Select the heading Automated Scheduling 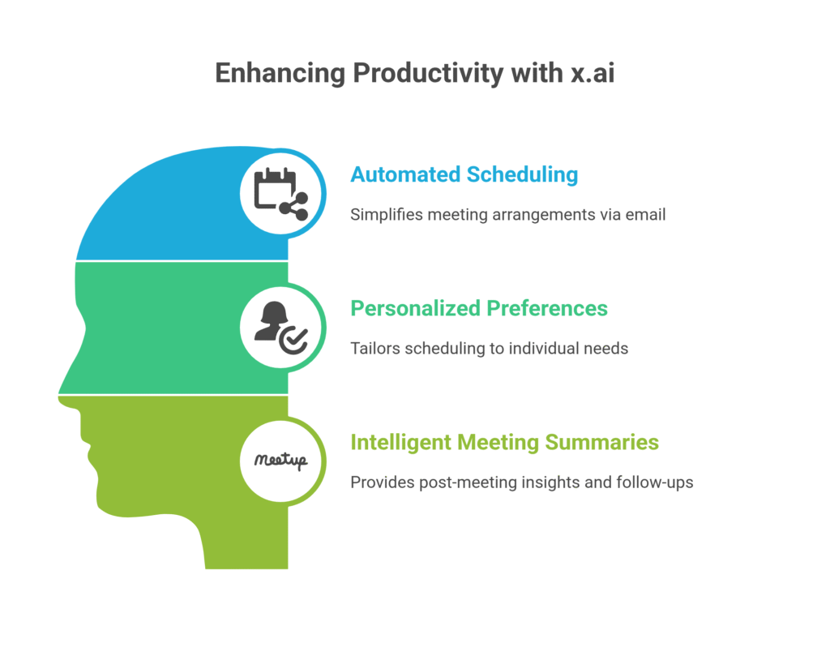pyautogui.click(x=464, y=174)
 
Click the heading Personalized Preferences pyautogui.click(x=478, y=308)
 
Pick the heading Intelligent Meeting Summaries pyautogui.click(x=504, y=442)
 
